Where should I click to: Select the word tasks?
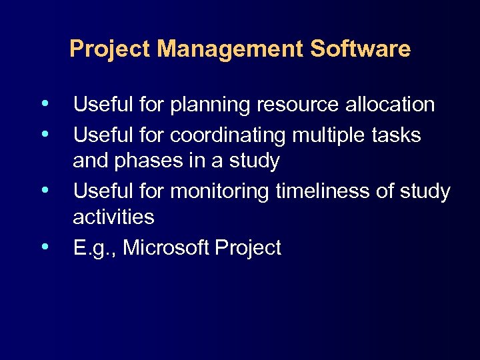(398, 135)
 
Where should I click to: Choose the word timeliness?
(324, 191)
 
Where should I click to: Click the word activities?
(113, 217)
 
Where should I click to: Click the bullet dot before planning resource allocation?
(44, 103)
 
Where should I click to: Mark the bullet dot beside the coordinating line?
(44, 134)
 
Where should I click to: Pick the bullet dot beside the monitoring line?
(44, 190)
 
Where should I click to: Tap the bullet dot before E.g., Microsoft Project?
(44, 247)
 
